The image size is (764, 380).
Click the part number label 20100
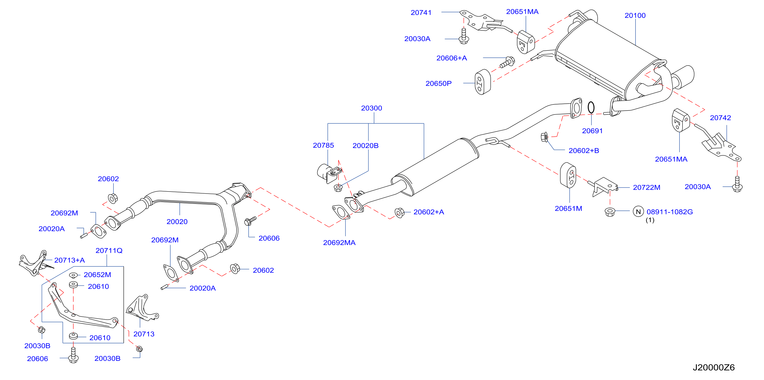[x=635, y=15]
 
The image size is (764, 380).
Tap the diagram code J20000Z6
[x=714, y=367]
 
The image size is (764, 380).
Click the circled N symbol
[x=638, y=212]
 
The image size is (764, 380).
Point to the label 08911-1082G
[x=670, y=212]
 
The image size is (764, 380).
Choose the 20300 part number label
[x=371, y=108]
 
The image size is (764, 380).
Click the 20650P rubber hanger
[x=483, y=82]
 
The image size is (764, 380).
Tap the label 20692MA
[x=339, y=243]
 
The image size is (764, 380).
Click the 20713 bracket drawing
[x=142, y=309]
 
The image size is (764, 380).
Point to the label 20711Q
[x=109, y=251]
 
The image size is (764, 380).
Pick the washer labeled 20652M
[x=73, y=275]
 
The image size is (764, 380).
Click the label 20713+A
[x=69, y=260]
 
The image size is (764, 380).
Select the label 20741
[x=421, y=13]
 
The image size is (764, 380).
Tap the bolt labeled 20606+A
[x=507, y=62]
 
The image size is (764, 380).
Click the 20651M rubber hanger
[x=568, y=175]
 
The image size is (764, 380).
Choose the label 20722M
[x=646, y=187]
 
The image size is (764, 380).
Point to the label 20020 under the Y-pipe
[x=177, y=221]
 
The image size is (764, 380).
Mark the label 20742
[x=720, y=118]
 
